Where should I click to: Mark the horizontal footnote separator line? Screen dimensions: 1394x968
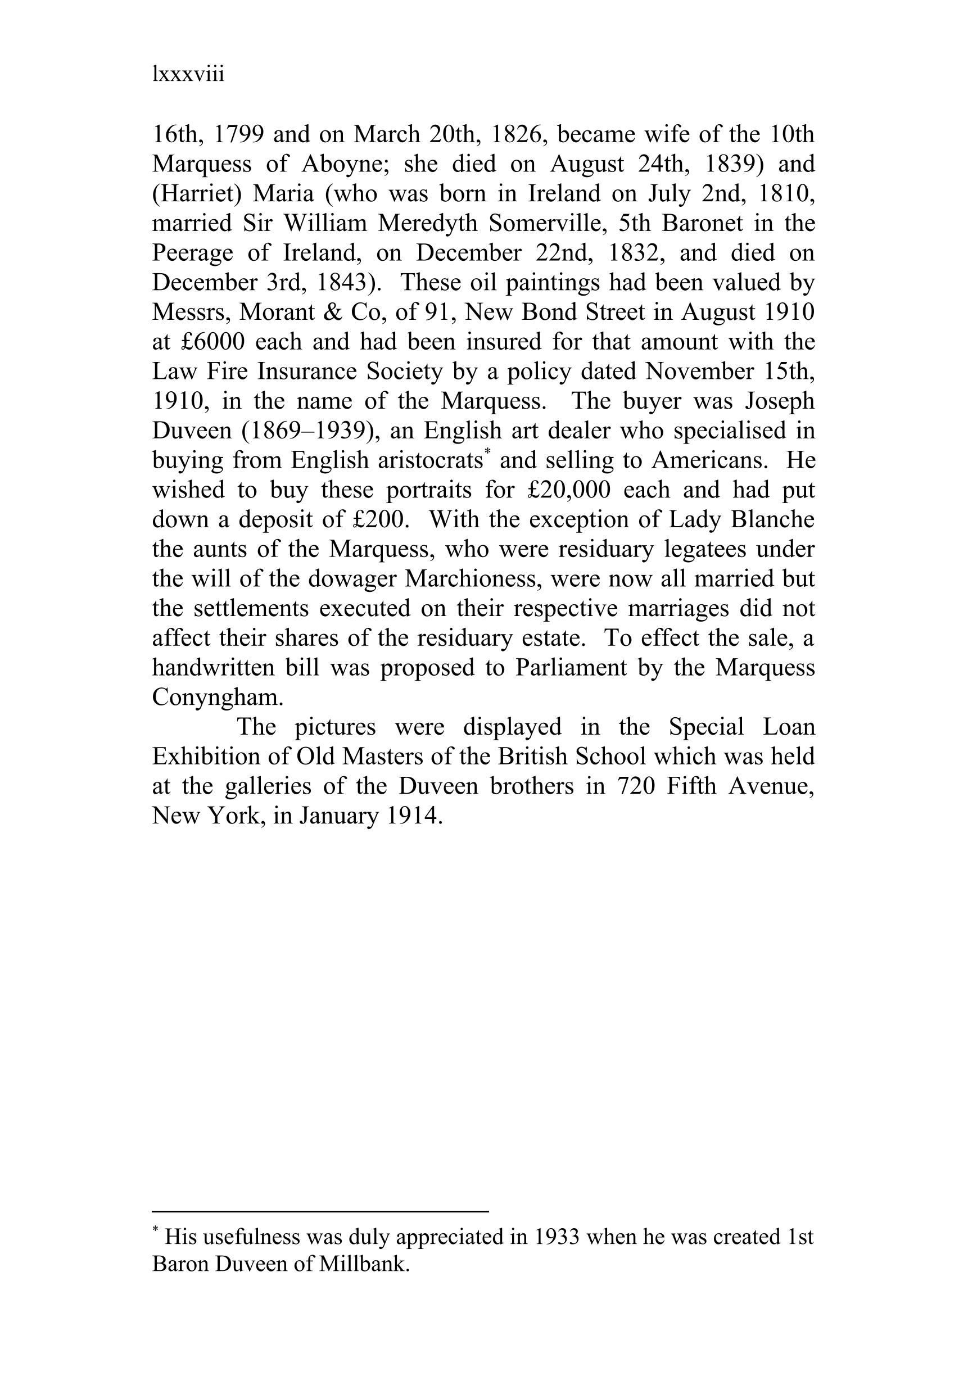(320, 1211)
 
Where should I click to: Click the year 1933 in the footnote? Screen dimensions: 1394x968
(558, 1237)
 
